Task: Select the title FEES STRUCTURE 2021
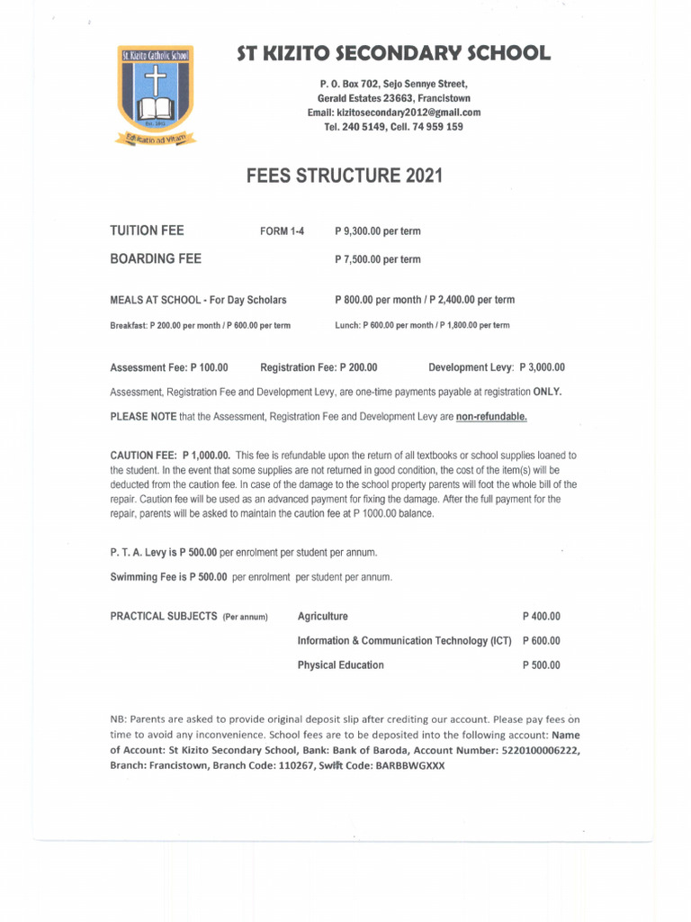345,176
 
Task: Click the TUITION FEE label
147,230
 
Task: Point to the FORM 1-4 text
283,231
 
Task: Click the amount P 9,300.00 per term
377,231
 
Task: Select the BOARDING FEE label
156,259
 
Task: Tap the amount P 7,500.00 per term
377,259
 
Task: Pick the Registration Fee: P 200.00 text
319,367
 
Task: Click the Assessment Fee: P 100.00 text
169,367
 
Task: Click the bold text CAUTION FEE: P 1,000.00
170,456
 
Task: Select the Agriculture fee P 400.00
541,617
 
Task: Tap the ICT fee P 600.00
541,641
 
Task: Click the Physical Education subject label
340,665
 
